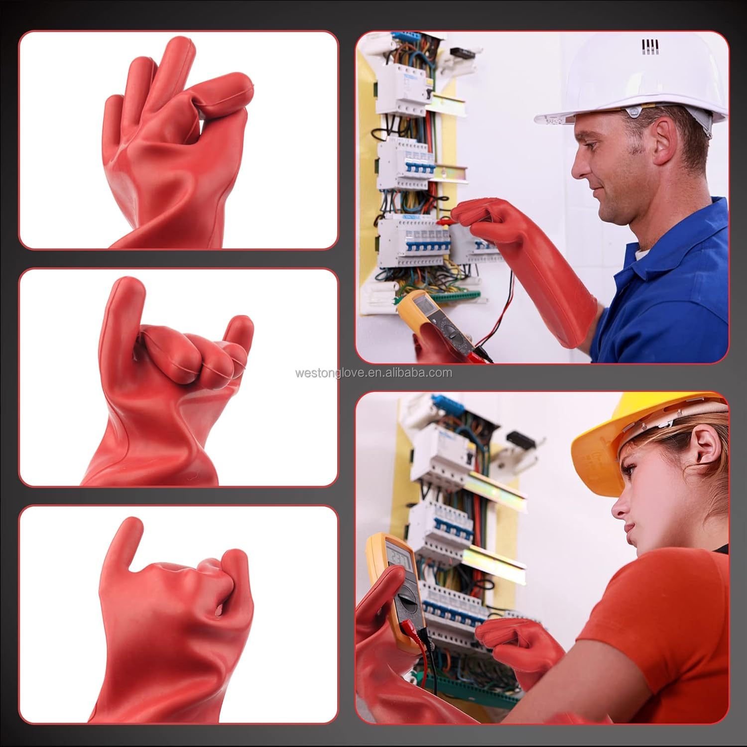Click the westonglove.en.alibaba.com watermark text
(373, 373)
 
